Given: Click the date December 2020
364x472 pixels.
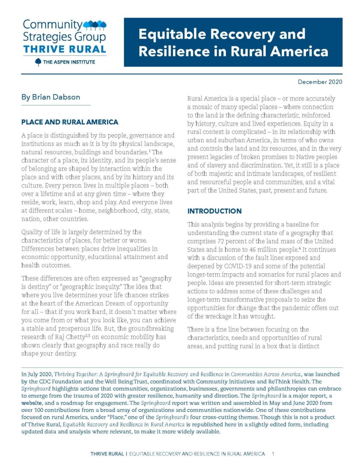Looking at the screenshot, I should (x=320, y=82).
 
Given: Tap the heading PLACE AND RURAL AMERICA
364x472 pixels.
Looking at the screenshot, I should (x=70, y=122).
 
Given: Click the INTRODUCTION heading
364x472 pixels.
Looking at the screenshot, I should (x=214, y=211).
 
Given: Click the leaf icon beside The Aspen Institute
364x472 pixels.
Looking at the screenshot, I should (x=38, y=62).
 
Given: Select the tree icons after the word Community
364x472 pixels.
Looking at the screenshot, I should (x=94, y=24).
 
